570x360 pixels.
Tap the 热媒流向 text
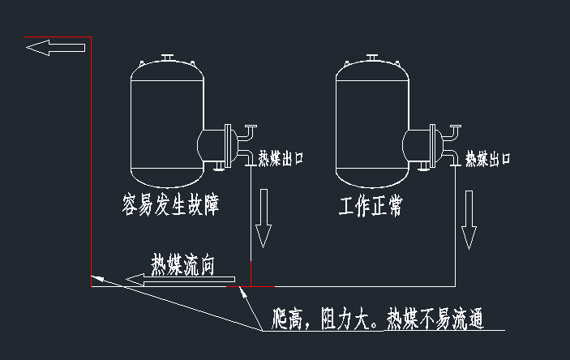[x=182, y=264]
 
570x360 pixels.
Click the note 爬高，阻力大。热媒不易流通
[x=379, y=319]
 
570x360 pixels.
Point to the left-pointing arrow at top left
[x=55, y=48]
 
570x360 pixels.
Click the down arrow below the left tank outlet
[x=262, y=221]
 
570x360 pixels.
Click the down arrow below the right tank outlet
[x=469, y=221]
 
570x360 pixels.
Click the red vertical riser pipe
[x=91, y=162]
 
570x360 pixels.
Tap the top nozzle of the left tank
[x=168, y=58]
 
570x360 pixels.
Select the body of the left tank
[x=167, y=122]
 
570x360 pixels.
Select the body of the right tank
[x=371, y=122]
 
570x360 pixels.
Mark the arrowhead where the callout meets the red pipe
[x=96, y=278]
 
